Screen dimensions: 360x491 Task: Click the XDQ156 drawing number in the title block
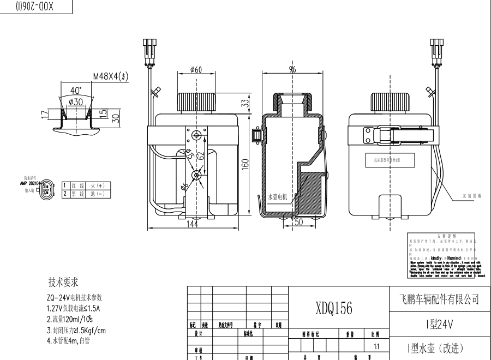pos(333,309)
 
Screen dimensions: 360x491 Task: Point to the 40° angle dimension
pos(76,90)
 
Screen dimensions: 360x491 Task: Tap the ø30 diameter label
pos(75,103)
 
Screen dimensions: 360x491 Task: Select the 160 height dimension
pos(245,163)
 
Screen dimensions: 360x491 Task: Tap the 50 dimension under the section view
pos(298,222)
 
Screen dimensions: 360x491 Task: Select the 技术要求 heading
pos(63,282)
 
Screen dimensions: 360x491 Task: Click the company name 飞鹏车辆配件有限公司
pos(435,299)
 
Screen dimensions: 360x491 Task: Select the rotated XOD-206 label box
pos(36,6)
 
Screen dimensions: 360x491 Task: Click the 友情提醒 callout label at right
pos(471,195)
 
